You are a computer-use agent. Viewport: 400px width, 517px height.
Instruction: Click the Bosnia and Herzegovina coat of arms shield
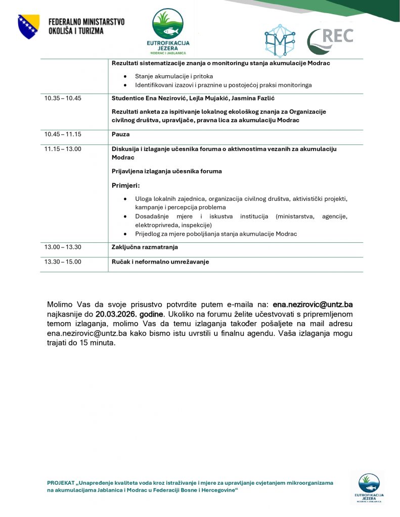[x=28, y=27]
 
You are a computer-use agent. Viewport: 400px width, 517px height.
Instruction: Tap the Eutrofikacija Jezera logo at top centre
[x=168, y=31]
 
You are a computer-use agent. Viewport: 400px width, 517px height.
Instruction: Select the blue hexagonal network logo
[x=280, y=40]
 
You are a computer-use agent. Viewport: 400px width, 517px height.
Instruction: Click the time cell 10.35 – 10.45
[x=63, y=98]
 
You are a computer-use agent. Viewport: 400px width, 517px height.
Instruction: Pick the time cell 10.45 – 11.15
[x=63, y=134]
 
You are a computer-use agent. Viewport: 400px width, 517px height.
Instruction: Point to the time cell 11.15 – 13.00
[x=63, y=148]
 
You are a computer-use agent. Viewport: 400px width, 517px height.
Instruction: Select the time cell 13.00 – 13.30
[x=63, y=247]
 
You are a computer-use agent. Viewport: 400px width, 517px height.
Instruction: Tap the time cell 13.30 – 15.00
[x=63, y=262]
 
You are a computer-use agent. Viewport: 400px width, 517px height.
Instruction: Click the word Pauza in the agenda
[x=121, y=134]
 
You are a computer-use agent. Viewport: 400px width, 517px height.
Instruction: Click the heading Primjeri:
[x=125, y=185]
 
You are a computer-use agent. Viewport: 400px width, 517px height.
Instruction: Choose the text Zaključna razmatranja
[x=145, y=247]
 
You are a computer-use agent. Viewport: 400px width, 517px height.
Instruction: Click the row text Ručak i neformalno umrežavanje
[x=160, y=262]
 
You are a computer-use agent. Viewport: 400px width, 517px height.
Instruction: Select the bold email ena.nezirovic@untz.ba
[x=313, y=305]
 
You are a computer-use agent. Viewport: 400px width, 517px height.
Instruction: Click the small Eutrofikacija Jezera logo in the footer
[x=368, y=488]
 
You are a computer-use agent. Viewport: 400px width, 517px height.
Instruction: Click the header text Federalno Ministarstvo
[x=86, y=22]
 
